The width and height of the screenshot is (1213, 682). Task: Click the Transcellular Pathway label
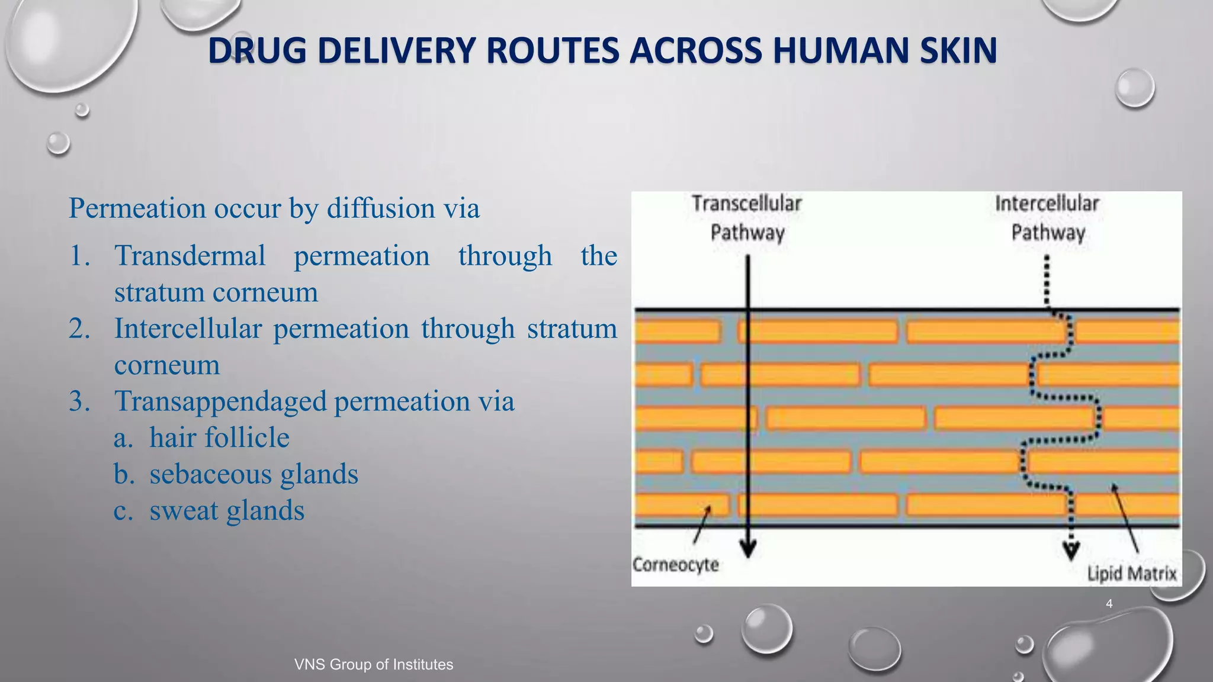click(x=747, y=218)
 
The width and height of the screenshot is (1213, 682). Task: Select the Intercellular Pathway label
click(x=1047, y=218)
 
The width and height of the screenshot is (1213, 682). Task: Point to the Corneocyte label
click(x=675, y=565)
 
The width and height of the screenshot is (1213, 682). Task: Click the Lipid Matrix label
click(x=1131, y=574)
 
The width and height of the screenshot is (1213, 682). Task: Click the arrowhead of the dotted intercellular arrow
click(x=1070, y=551)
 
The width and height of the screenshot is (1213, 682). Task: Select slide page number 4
click(x=1109, y=604)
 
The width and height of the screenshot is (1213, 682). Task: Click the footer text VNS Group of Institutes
click(x=374, y=664)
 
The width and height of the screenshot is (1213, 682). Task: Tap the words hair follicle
click(x=219, y=438)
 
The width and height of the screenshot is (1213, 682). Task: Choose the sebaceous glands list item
click(x=253, y=474)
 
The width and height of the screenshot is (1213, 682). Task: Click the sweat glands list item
click(x=227, y=511)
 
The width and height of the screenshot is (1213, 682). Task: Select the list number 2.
click(x=79, y=329)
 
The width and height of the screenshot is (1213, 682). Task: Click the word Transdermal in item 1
click(x=190, y=256)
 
